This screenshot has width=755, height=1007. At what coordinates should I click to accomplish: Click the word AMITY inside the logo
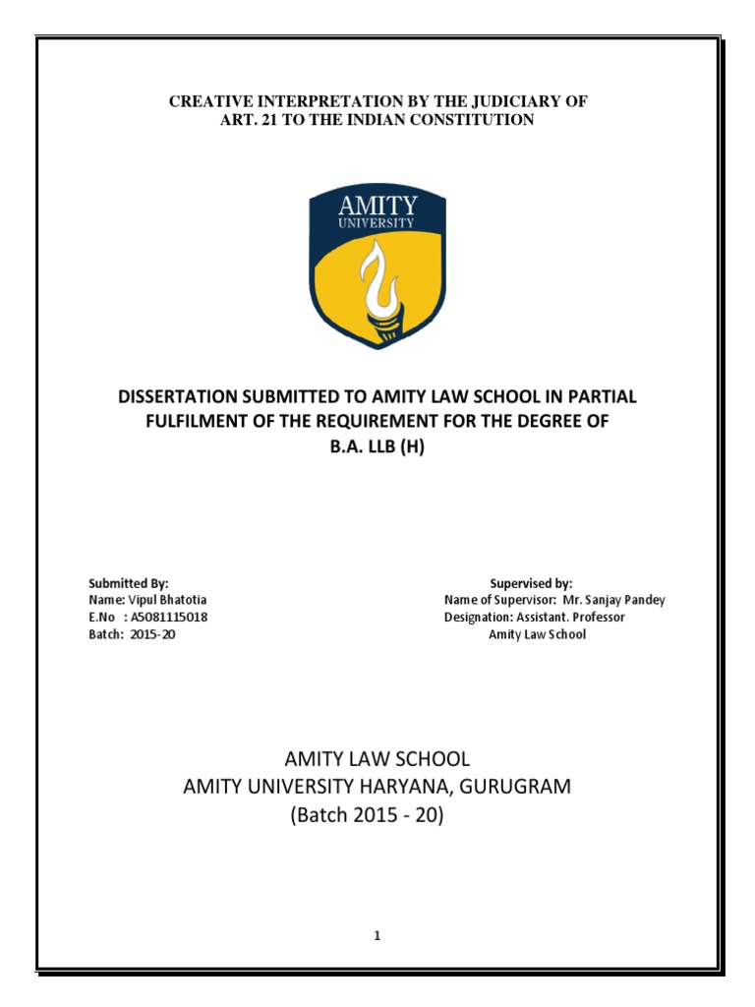click(377, 207)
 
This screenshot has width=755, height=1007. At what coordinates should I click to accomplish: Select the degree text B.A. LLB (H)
click(377, 447)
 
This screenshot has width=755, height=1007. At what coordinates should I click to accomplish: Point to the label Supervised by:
click(531, 583)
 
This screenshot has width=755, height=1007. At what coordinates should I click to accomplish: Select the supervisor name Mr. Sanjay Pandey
click(614, 600)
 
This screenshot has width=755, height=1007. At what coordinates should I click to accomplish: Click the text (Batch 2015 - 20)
click(377, 814)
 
